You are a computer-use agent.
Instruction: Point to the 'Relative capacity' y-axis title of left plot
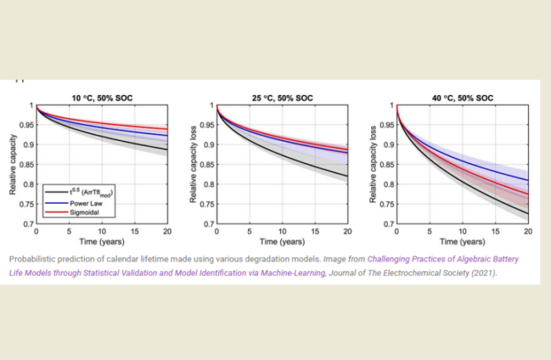13,164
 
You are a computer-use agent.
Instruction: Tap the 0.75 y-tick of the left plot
24,205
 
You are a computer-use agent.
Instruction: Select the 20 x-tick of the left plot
167,232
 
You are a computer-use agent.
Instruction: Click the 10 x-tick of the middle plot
282,232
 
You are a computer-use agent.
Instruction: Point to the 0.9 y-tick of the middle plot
207,145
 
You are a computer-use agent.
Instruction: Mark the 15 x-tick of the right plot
495,232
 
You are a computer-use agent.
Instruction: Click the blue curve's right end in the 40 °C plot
527,180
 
